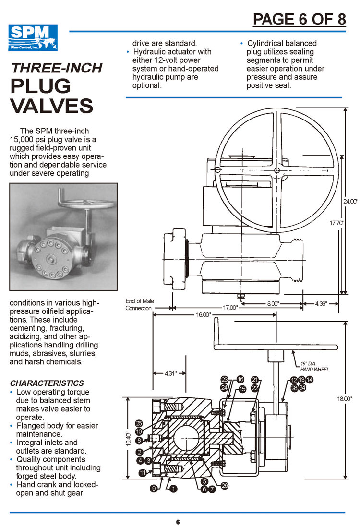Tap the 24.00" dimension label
351,202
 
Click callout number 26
224,486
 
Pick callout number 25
139,423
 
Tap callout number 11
143,473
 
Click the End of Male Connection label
140,304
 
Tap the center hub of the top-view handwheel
277,171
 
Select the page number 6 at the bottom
178,522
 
